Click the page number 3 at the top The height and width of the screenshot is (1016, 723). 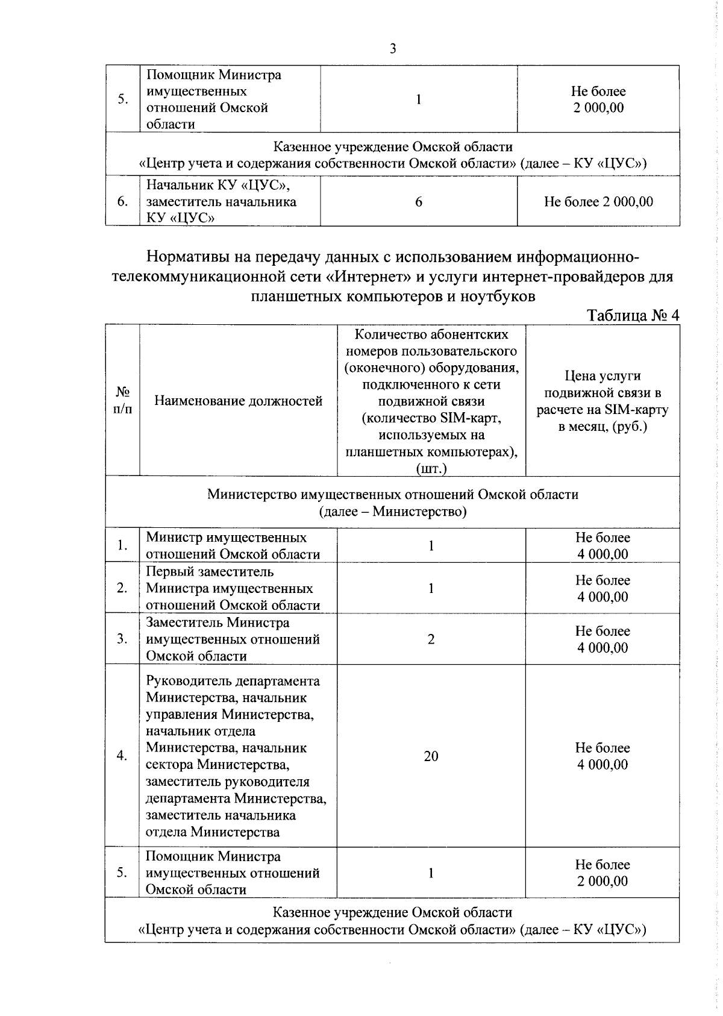[x=393, y=49]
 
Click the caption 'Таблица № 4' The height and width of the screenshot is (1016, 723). [x=633, y=315]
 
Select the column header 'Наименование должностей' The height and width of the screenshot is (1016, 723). [x=239, y=401]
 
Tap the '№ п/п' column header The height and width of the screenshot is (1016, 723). [x=123, y=401]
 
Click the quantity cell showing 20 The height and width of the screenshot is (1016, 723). [x=431, y=756]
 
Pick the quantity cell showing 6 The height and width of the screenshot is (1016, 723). [x=419, y=202]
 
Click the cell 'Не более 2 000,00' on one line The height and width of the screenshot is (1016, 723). [x=598, y=202]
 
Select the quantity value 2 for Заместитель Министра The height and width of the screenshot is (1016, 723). [x=431, y=639]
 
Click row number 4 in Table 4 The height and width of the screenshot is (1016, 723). [x=122, y=756]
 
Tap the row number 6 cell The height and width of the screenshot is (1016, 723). [x=122, y=202]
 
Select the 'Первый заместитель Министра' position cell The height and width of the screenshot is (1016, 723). [x=233, y=588]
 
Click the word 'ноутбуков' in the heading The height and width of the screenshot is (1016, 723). [x=498, y=296]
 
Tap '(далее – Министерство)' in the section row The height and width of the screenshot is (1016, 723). [x=393, y=512]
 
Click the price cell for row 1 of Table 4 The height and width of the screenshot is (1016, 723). [x=602, y=546]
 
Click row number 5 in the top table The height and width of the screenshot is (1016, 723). [x=122, y=99]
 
